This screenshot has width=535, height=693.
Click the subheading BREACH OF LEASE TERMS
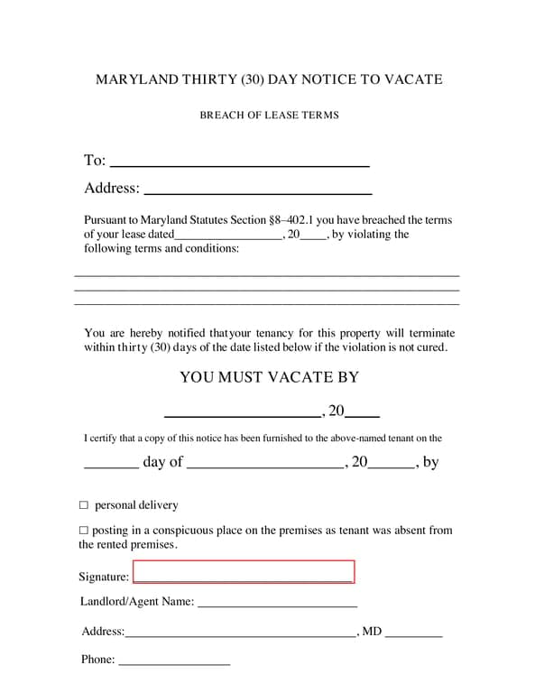click(x=269, y=115)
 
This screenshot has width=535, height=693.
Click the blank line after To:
click(x=239, y=162)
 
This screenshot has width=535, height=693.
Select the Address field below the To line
click(x=258, y=189)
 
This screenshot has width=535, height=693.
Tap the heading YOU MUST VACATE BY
click(x=269, y=377)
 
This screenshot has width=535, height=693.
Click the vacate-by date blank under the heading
click(x=243, y=412)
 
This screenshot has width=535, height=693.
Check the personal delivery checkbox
click(x=84, y=505)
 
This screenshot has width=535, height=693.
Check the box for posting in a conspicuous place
click(x=84, y=531)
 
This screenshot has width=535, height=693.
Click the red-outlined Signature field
click(x=244, y=572)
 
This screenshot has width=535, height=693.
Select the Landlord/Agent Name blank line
click(x=277, y=602)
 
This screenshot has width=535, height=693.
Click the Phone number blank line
click(x=174, y=661)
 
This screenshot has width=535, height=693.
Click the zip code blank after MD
click(x=413, y=633)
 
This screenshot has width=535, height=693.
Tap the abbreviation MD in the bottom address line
click(x=372, y=632)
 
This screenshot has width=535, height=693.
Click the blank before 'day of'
click(x=111, y=464)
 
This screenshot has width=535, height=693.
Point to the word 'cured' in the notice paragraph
click(x=428, y=347)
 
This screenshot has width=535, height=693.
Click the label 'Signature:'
click(x=104, y=577)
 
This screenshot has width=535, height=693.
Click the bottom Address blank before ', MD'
click(x=240, y=633)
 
